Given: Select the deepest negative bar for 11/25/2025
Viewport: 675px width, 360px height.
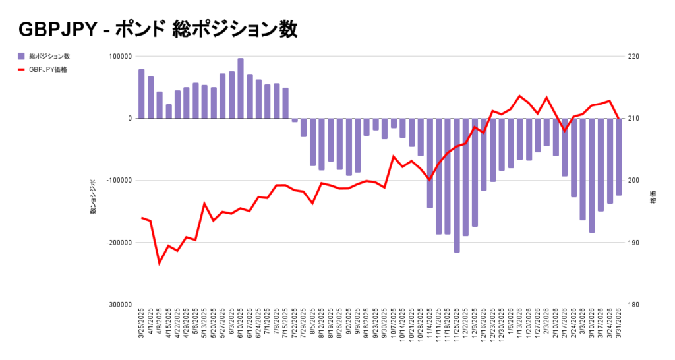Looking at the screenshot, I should pos(457,185).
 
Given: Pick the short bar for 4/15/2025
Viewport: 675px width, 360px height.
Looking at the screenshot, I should pos(169,111).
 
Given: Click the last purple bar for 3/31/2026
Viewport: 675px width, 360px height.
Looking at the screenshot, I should pos(619,157).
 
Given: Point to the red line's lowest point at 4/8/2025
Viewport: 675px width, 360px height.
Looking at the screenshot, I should pos(160,263).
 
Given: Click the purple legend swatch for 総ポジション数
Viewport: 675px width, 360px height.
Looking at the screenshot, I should pos(22,56).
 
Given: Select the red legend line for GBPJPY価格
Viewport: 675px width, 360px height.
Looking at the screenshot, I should pos(22,69).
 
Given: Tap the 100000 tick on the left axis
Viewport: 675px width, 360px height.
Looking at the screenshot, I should pos(121,57).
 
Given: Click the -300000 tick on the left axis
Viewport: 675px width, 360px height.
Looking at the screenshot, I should pos(119,305).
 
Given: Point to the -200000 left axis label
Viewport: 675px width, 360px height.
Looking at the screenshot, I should pos(119,243).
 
